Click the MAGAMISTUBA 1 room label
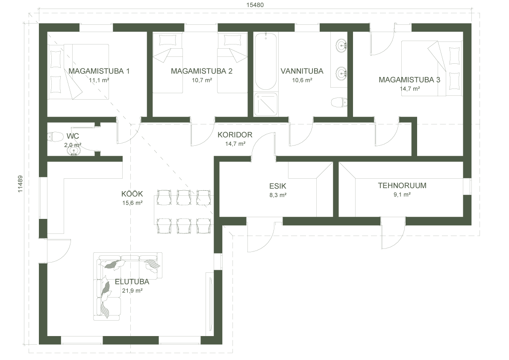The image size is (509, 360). point(99,71)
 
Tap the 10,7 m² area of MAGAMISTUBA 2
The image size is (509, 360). point(202,80)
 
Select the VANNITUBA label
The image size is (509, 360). point(302,71)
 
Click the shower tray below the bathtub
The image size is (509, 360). point(266,104)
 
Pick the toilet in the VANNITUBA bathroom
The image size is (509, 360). point(339,102)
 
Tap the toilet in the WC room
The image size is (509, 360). point(55,137)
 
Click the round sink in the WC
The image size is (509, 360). point(74,151)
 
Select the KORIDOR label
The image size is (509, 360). point(235,135)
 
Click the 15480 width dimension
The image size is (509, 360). point(255,5)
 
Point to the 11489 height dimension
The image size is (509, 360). point(20,184)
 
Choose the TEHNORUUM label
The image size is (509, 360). point(402,186)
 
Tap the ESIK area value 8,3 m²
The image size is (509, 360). point(277,195)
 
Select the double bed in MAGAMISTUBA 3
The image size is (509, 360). point(432,68)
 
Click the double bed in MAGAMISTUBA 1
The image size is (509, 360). point(78,72)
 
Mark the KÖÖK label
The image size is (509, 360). point(132,194)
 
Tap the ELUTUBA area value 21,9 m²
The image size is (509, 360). point(132,291)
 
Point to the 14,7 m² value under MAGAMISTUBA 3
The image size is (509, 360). point(410,89)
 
